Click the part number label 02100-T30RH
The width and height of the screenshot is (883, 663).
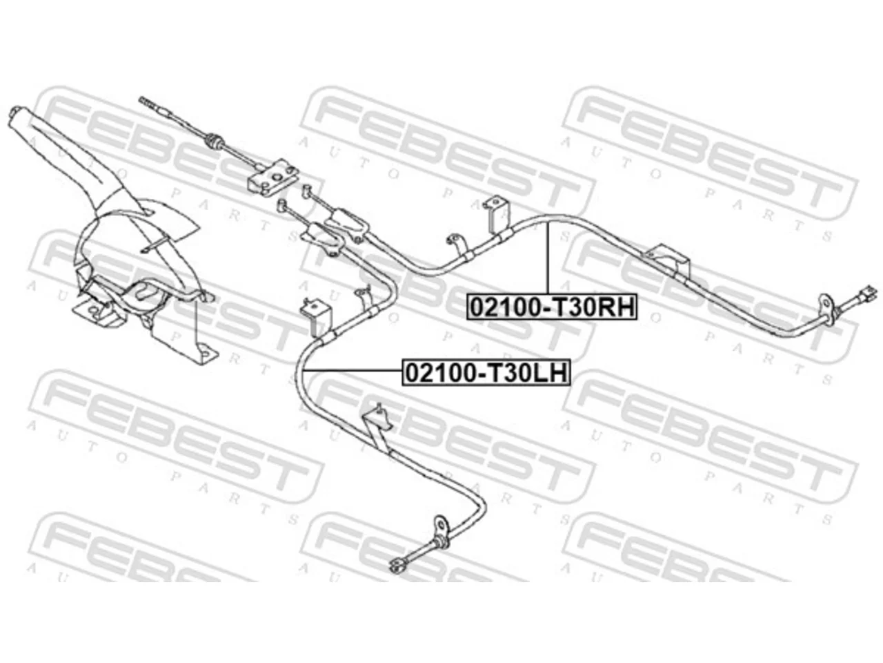[551, 307]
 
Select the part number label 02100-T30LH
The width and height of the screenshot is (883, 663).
[486, 373]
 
